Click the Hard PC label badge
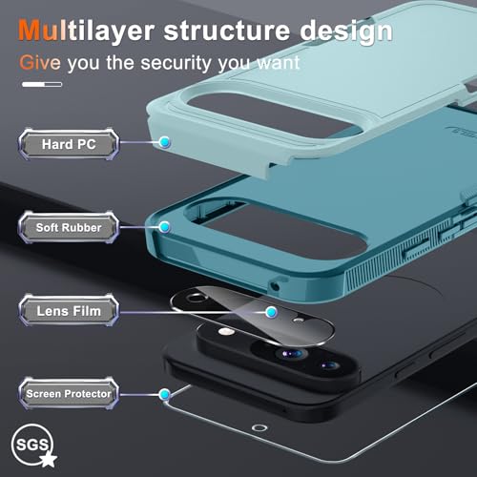[69, 144]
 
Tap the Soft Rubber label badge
[69, 227]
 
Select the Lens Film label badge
[69, 311]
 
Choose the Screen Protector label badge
[69, 394]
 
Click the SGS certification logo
[34, 446]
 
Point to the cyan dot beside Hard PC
[165, 142]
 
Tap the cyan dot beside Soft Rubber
[165, 227]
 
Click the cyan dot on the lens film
[271, 312]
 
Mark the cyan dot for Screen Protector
[165, 395]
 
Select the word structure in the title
[227, 31]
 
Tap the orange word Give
[40, 62]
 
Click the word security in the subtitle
[176, 64]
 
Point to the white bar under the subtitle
[42, 84]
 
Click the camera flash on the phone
[226, 332]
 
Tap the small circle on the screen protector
[259, 427]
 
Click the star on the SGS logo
[48, 459]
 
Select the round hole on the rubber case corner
[275, 287]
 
